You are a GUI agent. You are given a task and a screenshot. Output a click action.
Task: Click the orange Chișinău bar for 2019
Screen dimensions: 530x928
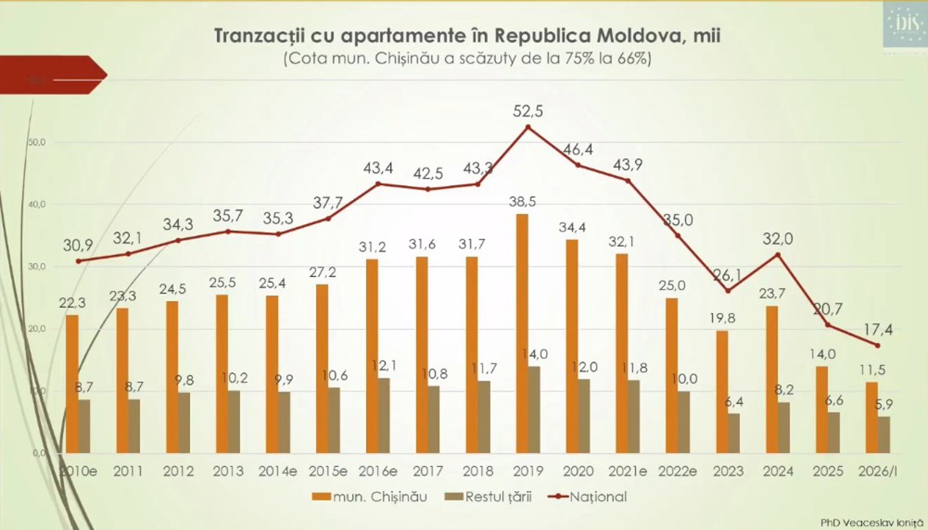tap(522, 334)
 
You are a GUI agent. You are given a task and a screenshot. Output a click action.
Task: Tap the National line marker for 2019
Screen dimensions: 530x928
tap(528, 127)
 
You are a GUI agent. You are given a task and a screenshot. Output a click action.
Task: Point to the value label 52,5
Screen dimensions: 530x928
tap(528, 111)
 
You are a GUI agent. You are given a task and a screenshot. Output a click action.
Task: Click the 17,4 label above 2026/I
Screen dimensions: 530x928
tap(878, 330)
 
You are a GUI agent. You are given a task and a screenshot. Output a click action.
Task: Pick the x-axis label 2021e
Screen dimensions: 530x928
tap(628, 471)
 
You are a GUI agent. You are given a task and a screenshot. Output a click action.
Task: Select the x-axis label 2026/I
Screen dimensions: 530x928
tap(878, 471)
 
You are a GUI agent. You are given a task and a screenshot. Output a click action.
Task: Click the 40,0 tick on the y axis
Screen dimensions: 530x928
tap(36, 204)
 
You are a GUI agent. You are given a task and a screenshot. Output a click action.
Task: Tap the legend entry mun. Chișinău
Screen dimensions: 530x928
tap(370, 497)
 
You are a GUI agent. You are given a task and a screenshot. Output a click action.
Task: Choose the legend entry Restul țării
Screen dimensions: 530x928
tap(485, 497)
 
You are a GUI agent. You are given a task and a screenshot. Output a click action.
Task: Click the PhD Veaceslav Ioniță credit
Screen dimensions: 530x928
tap(868, 521)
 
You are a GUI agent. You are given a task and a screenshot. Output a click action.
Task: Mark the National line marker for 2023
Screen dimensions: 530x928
tap(728, 291)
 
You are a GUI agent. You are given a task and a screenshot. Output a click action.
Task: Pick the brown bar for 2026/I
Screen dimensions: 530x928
tap(884, 434)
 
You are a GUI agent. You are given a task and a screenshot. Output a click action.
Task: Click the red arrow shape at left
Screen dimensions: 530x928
tap(51, 74)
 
